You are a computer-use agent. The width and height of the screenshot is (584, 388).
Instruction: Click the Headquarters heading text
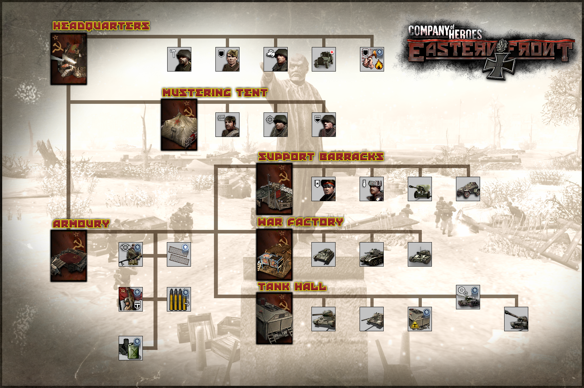coord(101,26)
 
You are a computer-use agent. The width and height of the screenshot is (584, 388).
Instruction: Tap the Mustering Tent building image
coord(179,124)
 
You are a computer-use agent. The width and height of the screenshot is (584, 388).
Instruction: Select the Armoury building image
coord(69,256)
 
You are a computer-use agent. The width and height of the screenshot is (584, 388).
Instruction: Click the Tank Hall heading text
coord(292,286)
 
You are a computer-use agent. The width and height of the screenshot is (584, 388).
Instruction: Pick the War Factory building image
coord(274,255)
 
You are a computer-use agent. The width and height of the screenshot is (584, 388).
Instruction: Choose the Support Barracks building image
coord(274,189)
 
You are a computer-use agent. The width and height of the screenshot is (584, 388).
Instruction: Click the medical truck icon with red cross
coord(324,59)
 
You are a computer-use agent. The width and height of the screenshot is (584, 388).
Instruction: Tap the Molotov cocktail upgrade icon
coord(372,59)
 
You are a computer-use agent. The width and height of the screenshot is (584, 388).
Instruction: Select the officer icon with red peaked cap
coord(324,189)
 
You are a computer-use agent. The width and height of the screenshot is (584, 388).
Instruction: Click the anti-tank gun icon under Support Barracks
coord(420,189)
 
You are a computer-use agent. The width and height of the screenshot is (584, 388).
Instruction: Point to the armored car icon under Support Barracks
coord(468,189)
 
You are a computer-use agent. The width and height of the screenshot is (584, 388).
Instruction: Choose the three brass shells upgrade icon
coord(179,299)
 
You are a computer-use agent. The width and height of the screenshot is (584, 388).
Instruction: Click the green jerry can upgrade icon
coord(131,348)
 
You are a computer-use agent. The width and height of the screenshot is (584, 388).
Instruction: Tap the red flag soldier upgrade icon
coord(131,299)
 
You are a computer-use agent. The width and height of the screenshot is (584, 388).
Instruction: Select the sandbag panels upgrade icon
coord(179,254)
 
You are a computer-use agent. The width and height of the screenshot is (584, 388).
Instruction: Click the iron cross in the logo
coord(499,64)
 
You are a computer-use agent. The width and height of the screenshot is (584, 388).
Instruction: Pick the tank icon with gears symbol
coord(468,297)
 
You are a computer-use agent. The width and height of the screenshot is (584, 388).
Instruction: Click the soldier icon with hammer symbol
coord(179,59)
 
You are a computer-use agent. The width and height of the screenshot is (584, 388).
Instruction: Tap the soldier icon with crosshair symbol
coord(275,124)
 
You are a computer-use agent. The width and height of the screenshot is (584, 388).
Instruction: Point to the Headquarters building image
coord(69,59)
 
